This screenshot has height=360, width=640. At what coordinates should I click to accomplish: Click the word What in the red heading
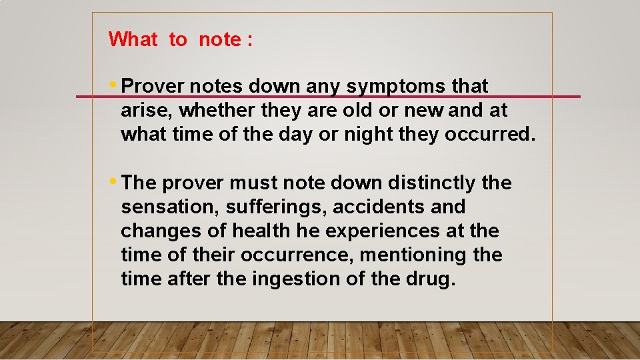(133, 39)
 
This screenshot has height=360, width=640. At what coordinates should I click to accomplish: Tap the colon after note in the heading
(250, 40)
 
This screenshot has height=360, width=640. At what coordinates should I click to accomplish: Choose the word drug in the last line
(431, 279)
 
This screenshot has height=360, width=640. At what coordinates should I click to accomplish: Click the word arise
(143, 110)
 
